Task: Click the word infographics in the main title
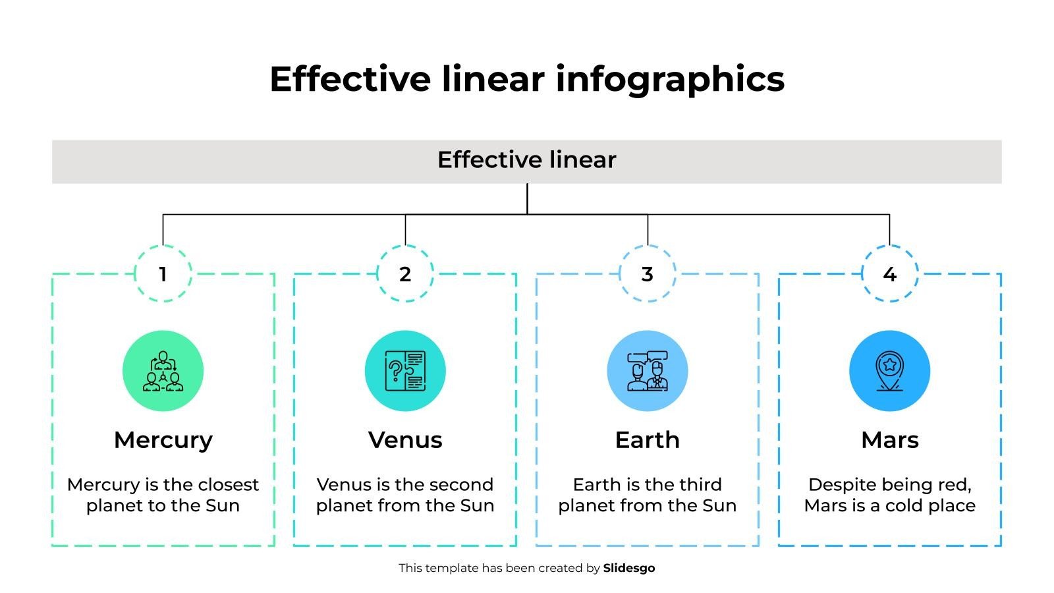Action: (670, 80)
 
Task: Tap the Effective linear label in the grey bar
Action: (526, 159)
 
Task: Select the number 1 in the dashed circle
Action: (163, 274)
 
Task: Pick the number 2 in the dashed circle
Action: (405, 274)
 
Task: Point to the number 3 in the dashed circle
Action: (648, 274)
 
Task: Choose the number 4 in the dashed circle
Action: (890, 274)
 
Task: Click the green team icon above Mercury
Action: (163, 371)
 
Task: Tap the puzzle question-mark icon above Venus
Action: (405, 371)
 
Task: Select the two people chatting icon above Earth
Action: (648, 371)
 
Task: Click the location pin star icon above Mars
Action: (890, 371)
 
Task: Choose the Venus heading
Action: (405, 440)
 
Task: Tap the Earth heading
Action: (648, 440)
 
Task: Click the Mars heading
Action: (890, 440)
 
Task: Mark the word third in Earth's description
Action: (698, 485)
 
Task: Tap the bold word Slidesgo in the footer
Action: (629, 569)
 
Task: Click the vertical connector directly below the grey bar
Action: (527, 199)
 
